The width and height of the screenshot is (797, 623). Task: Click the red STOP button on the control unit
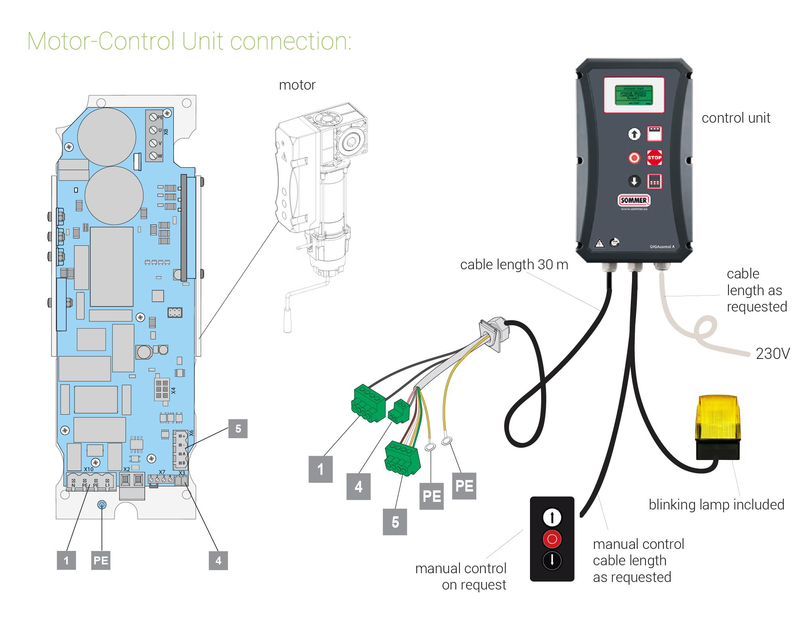(x=654, y=158)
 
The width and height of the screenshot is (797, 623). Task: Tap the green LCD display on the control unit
(x=634, y=95)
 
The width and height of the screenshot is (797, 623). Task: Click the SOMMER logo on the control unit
(x=634, y=200)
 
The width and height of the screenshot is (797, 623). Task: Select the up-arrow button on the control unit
(x=634, y=134)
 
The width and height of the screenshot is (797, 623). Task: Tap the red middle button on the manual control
(x=552, y=539)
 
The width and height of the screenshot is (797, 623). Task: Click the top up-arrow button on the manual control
(x=552, y=517)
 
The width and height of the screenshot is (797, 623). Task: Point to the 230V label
(x=772, y=354)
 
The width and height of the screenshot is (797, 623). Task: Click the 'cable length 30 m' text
(x=514, y=264)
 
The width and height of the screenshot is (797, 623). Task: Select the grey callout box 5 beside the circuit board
(x=238, y=429)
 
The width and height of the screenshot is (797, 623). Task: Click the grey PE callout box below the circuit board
(x=100, y=560)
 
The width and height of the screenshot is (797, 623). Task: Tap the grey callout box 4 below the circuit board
(x=218, y=560)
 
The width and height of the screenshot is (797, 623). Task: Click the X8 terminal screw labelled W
(x=153, y=156)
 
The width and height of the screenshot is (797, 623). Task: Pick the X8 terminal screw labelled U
(x=153, y=130)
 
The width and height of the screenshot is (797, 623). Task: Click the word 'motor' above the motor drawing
(x=297, y=85)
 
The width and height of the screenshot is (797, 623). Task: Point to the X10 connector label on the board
(x=88, y=469)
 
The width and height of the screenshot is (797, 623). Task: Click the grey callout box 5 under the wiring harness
(x=395, y=522)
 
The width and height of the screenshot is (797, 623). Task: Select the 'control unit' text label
(x=736, y=118)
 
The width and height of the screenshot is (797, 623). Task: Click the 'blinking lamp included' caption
(x=716, y=505)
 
